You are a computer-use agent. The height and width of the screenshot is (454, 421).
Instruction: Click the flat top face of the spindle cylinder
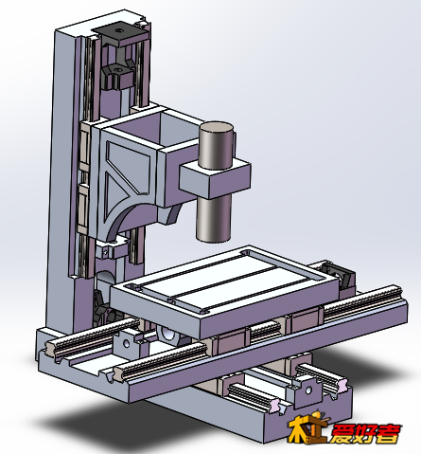tap(217, 127)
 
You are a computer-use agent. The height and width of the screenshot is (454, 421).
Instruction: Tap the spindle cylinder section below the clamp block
tap(214, 218)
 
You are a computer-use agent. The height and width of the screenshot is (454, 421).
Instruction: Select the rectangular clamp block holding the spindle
tap(215, 178)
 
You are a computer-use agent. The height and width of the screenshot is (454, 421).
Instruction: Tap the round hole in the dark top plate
tap(118, 31)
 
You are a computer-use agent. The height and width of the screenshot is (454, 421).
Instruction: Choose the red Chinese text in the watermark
tap(366, 434)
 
